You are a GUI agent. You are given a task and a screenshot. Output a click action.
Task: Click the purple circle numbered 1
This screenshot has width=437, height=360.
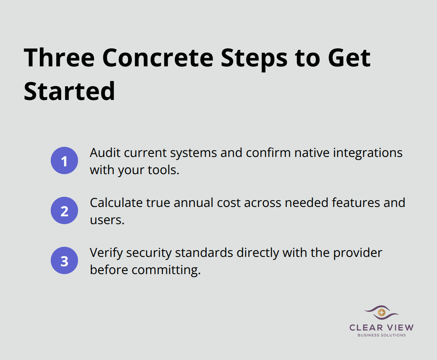point(64,161)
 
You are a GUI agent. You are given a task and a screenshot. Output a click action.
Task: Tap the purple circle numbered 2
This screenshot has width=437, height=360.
point(64,211)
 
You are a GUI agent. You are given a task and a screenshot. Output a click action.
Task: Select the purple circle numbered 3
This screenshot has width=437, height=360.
point(64,261)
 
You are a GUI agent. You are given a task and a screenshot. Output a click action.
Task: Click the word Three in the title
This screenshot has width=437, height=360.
point(59,58)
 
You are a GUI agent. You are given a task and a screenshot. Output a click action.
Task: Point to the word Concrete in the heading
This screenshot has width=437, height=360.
point(158,58)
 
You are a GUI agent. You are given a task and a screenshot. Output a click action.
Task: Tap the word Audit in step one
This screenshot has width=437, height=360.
point(102,153)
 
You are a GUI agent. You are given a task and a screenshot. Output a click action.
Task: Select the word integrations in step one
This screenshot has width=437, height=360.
point(368,153)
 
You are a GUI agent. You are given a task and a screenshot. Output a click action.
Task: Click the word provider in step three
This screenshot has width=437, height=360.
point(357,253)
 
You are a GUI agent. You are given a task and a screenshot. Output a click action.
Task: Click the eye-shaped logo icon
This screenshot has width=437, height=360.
point(382,312)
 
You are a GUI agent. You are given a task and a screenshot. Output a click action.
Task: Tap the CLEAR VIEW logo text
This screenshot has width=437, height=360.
point(382,328)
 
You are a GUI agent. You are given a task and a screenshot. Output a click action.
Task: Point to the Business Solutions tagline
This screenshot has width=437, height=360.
point(382,335)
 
